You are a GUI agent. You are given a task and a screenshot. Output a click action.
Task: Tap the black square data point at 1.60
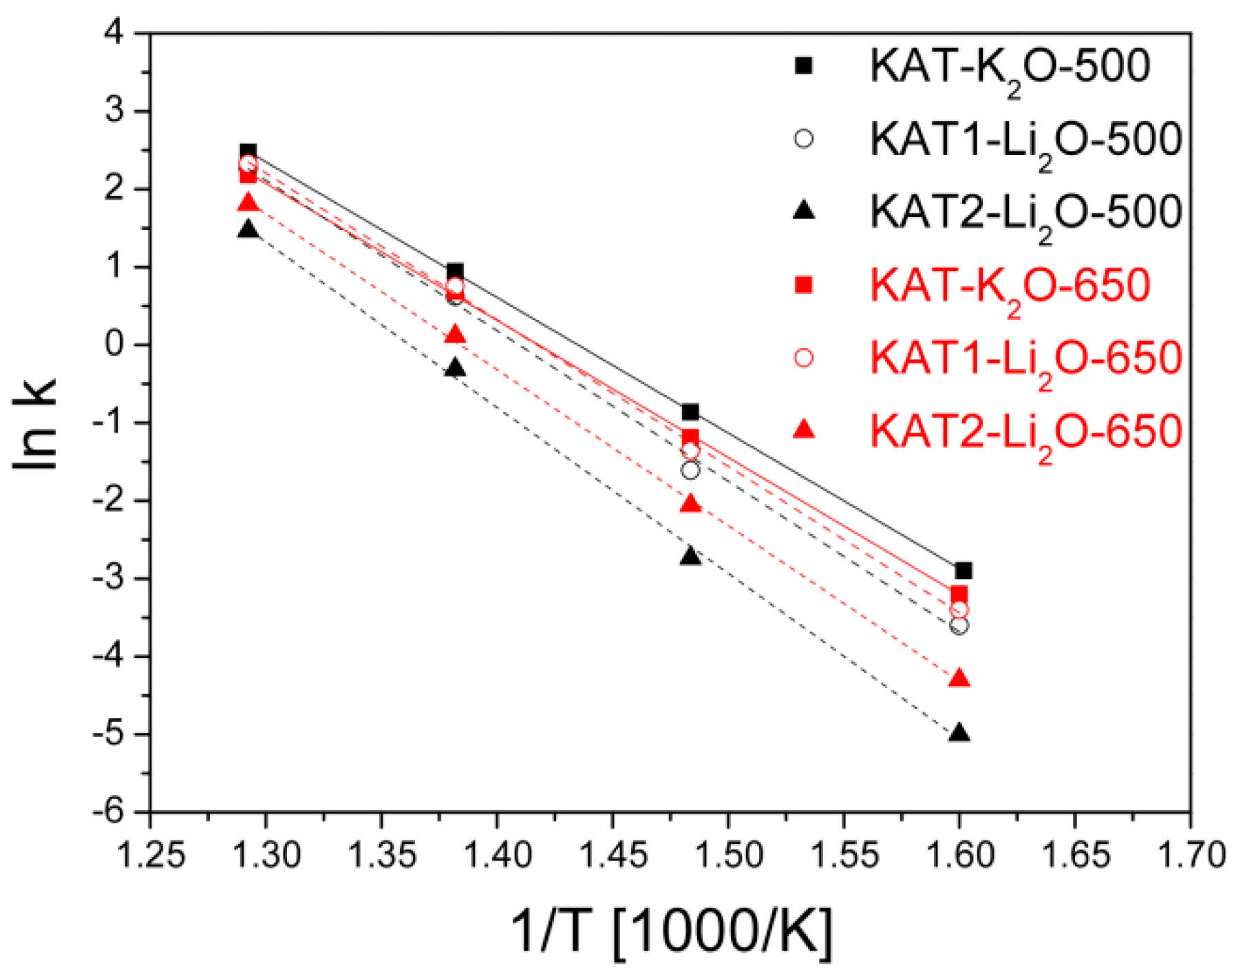click(963, 571)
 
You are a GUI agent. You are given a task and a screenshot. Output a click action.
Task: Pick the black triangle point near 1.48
click(690, 557)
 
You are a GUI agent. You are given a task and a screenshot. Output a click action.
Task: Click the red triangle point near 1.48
click(690, 505)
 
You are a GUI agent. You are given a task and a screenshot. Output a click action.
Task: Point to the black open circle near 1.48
click(690, 471)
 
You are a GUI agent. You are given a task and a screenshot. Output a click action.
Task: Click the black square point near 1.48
click(690, 412)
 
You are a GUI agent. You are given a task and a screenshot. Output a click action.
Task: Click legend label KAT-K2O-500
click(1009, 67)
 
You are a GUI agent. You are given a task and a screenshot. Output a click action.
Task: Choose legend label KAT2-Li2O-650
click(1025, 432)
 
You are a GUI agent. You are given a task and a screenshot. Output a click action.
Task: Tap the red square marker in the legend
click(803, 284)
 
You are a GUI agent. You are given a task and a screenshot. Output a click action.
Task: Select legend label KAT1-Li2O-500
click(1025, 140)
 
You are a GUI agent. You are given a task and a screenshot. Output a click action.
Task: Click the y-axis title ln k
click(36, 425)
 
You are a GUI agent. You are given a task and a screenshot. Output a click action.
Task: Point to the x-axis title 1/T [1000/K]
click(671, 933)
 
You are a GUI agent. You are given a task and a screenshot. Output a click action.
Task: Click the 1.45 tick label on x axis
click(613, 856)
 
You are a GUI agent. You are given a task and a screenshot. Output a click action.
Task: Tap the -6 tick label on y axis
click(110, 812)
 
